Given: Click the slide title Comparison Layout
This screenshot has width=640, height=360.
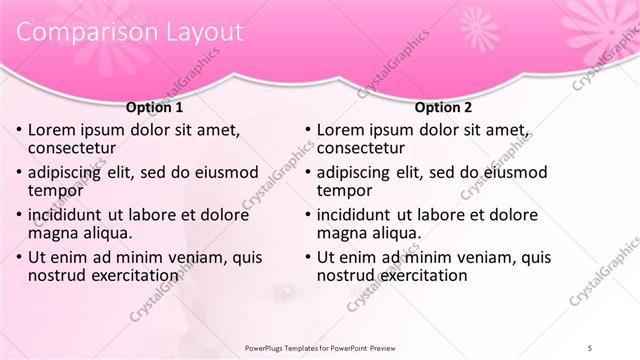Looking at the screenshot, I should [130, 32].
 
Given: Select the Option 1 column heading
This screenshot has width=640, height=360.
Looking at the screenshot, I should [154, 107].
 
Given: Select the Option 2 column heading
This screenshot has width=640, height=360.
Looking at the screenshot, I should [443, 107].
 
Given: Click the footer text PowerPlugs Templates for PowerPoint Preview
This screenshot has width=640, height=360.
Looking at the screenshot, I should [320, 348].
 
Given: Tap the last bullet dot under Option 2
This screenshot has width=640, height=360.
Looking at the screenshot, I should [307, 257].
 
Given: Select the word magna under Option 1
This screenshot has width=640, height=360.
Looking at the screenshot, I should [51, 233].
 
